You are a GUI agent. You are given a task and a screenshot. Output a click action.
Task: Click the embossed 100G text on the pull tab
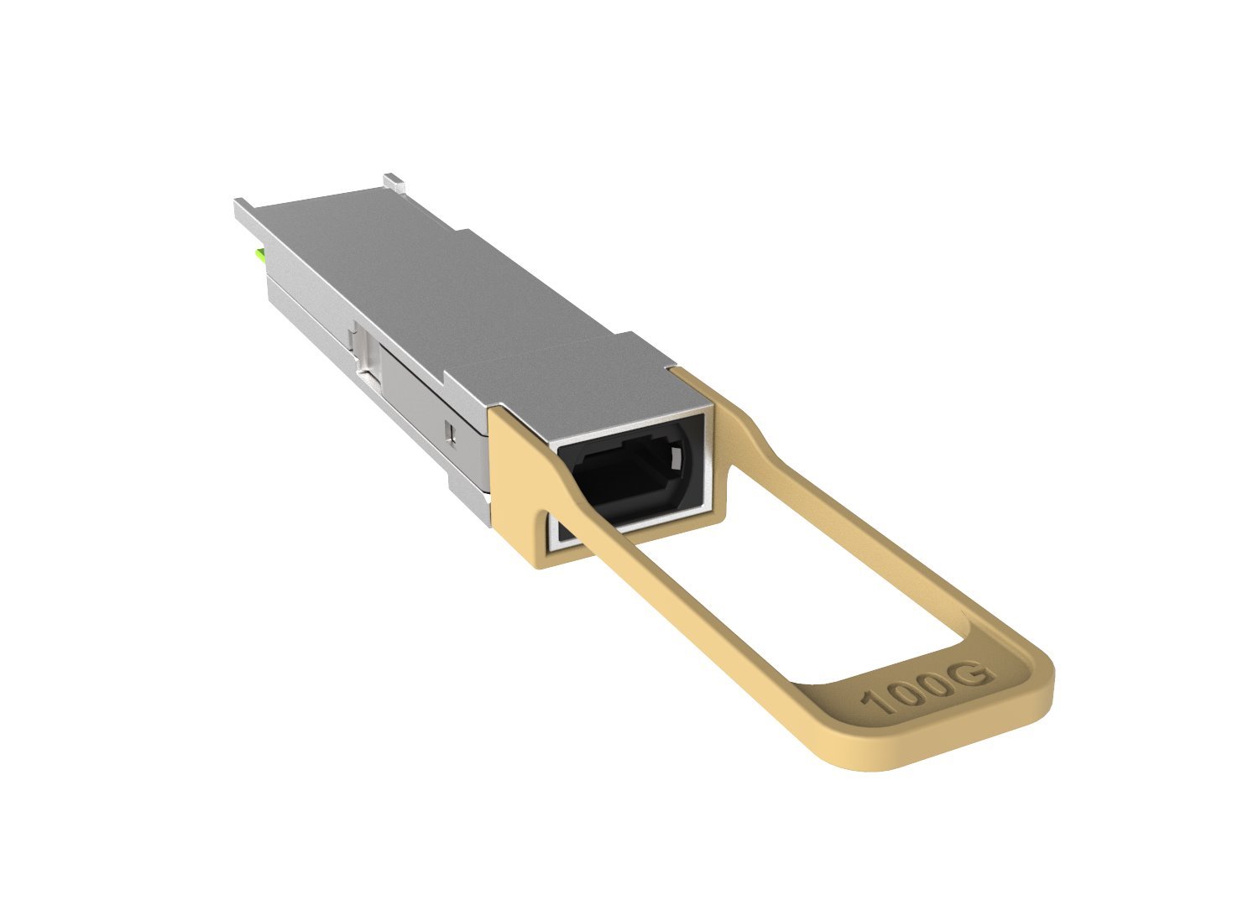pyautogui.click(x=929, y=686)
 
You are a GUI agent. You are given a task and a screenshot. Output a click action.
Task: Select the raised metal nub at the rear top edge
pyautogui.click(x=393, y=180)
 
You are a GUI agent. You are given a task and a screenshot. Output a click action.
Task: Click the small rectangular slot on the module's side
pyautogui.click(x=452, y=432)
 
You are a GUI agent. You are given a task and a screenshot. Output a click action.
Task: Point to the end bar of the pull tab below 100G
pyautogui.click(x=940, y=738)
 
